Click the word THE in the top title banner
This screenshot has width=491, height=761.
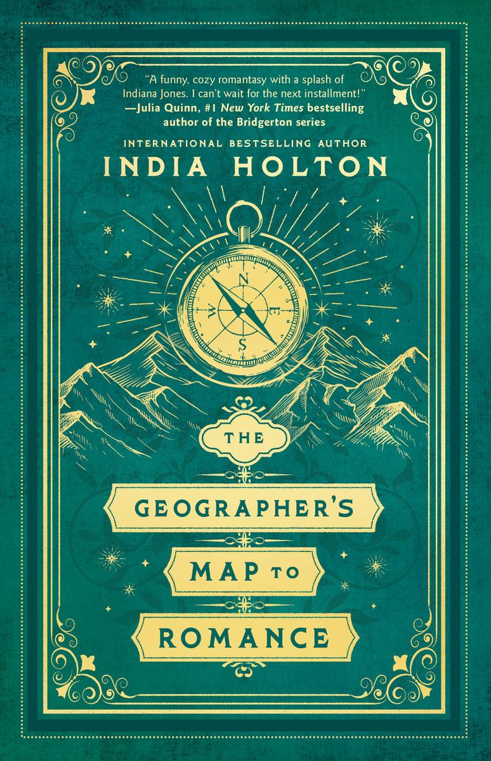pos(245,442)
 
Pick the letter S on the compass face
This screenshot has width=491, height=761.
pos(242,344)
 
